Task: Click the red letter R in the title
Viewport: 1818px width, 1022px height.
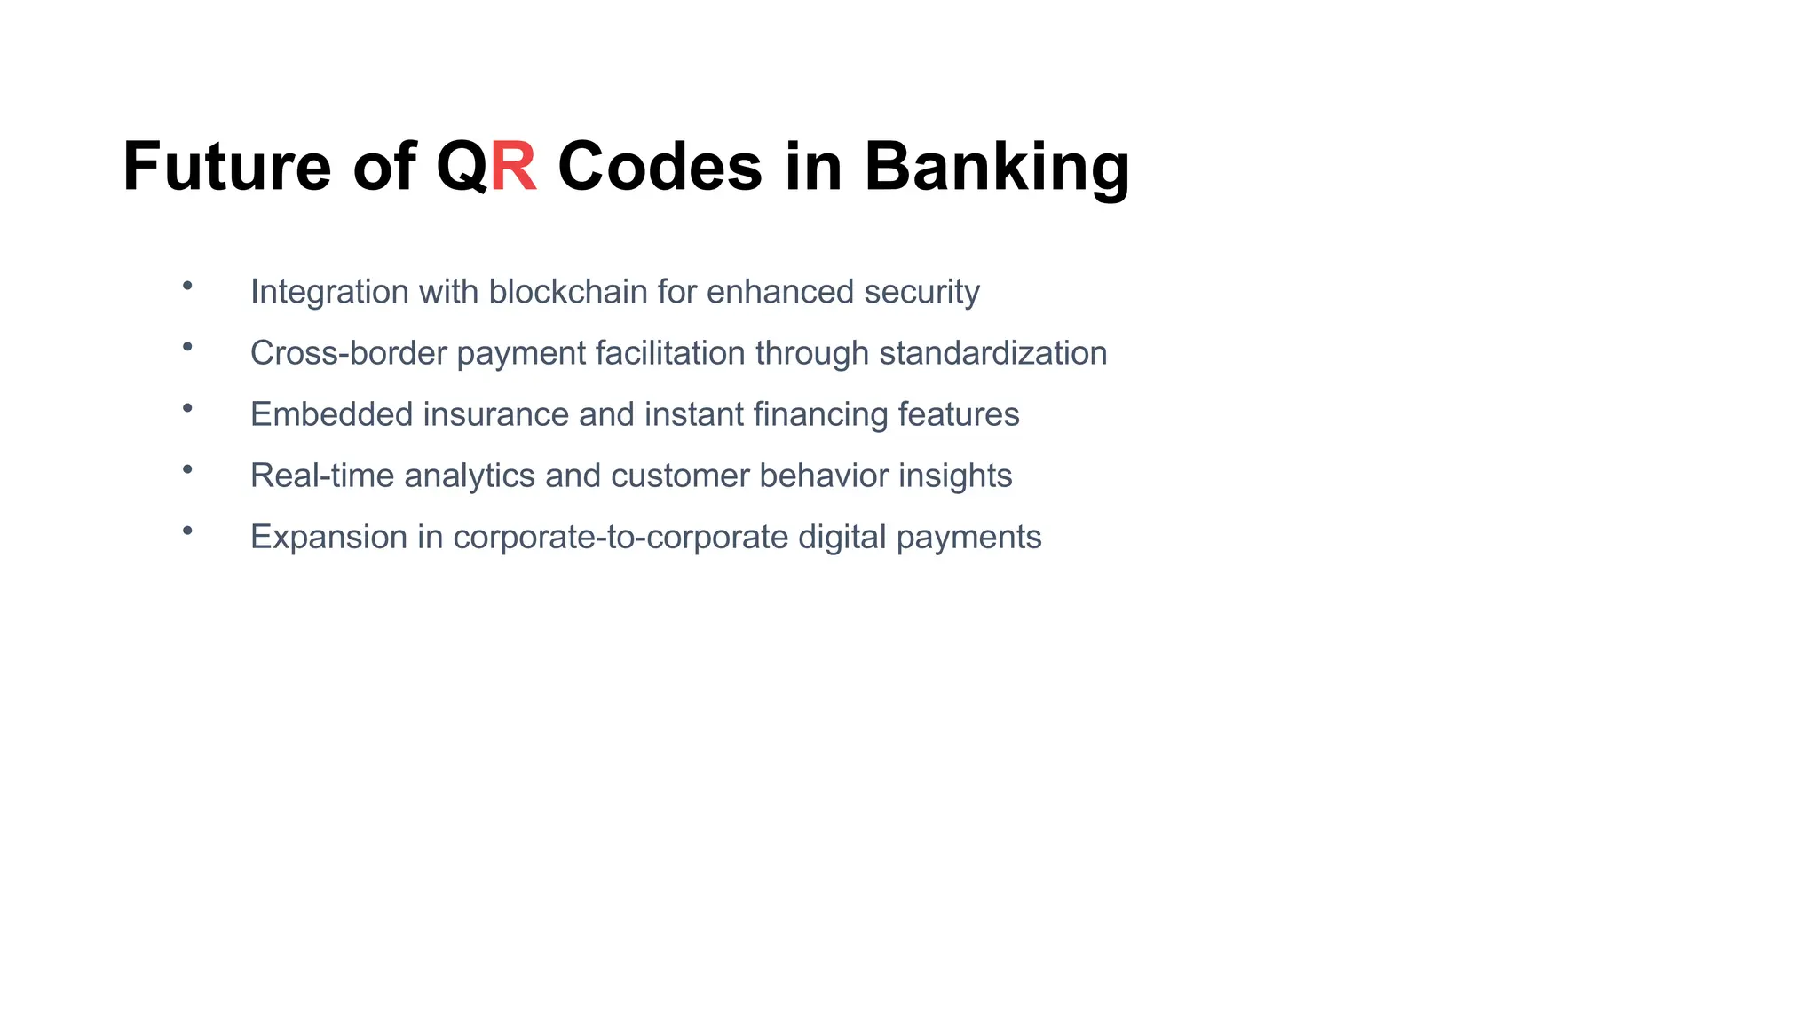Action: coord(514,166)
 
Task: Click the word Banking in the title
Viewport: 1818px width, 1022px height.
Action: coord(996,166)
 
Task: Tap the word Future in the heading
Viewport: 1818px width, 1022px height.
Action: coord(226,166)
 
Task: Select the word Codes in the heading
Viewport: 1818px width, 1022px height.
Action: coord(660,166)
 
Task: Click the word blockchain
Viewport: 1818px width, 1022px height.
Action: coord(568,291)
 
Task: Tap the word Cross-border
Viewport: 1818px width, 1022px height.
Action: coord(348,353)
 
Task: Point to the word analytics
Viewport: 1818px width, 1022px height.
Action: coord(470,476)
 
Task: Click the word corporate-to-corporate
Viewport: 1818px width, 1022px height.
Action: coord(620,537)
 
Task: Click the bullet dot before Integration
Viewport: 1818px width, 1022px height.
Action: coord(187,286)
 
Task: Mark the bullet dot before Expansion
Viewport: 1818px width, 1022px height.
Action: coord(187,531)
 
